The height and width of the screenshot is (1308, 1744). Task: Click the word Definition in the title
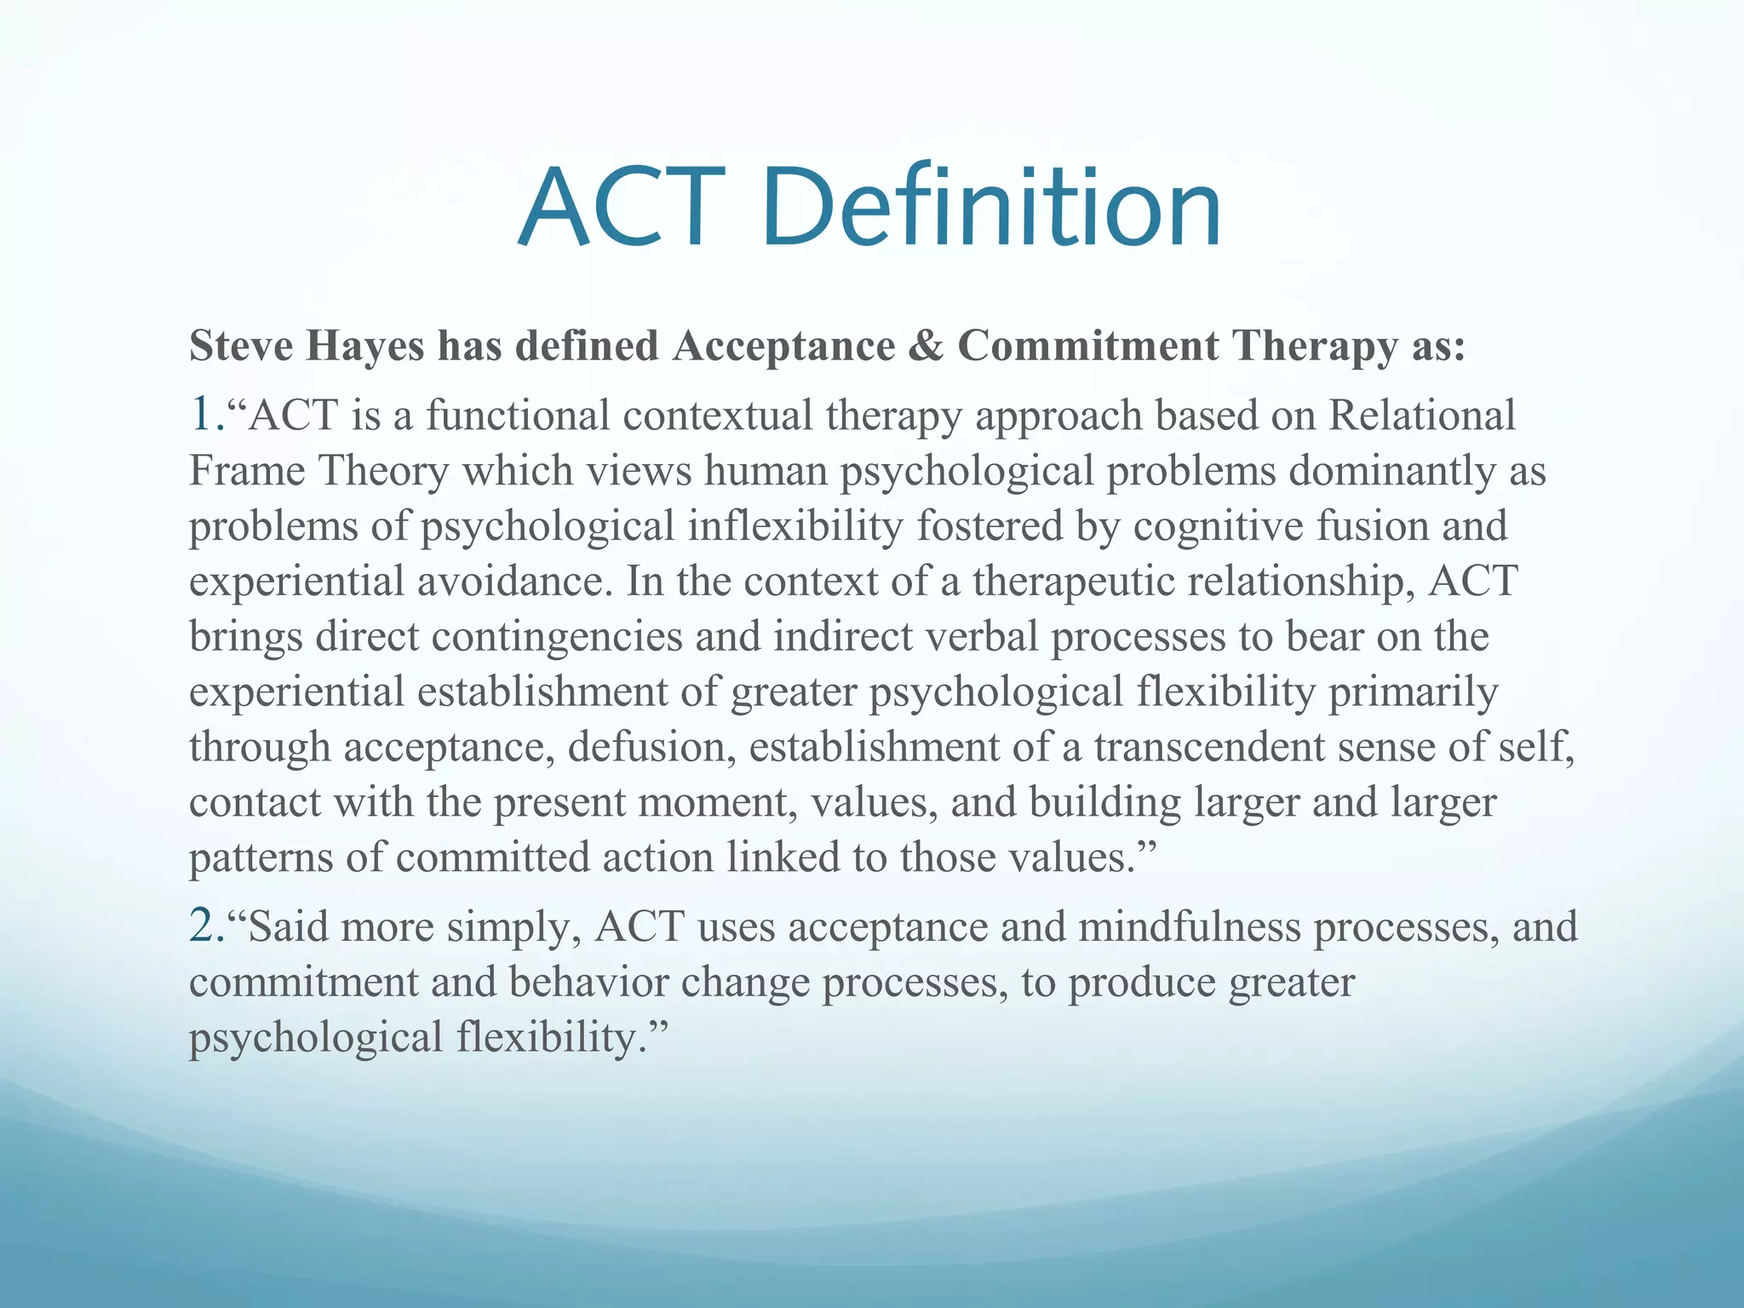pyautogui.click(x=992, y=207)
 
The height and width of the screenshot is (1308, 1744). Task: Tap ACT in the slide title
pyautogui.click(x=622, y=207)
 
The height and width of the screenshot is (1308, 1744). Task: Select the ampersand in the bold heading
pyautogui.click(x=926, y=347)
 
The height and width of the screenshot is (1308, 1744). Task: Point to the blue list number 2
pyautogui.click(x=204, y=926)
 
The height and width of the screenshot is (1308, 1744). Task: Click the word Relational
pyautogui.click(x=1421, y=416)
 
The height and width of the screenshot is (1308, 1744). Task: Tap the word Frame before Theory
pyautogui.click(x=247, y=471)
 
